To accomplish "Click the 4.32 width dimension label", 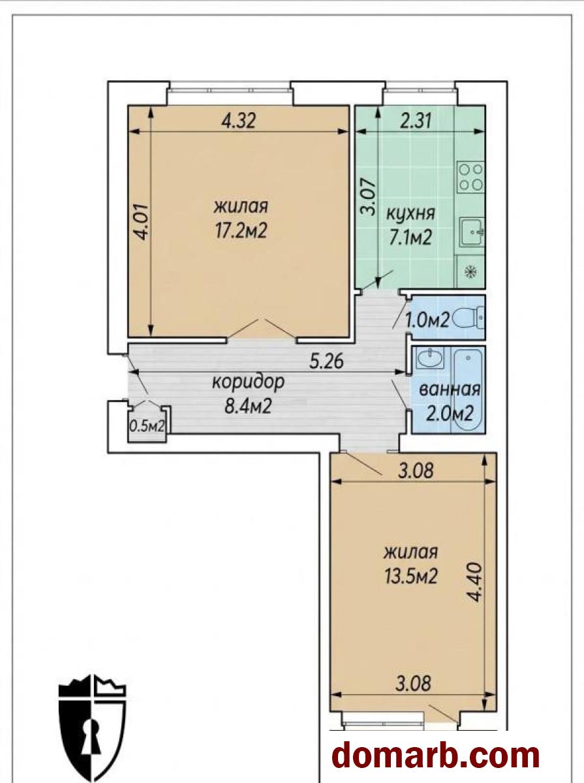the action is (239, 121).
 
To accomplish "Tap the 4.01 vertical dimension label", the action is (142, 223).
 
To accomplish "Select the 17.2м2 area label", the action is (240, 232).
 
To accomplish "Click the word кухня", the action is (411, 214).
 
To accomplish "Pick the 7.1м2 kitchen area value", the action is (410, 237).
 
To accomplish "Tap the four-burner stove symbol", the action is (470, 177).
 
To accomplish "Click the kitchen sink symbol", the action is (472, 232).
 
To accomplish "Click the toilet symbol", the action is (469, 318).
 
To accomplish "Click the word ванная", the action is (450, 390).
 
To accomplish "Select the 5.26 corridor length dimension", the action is (326, 361).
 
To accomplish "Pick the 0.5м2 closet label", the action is (147, 427).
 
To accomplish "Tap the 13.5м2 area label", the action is (410, 576).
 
